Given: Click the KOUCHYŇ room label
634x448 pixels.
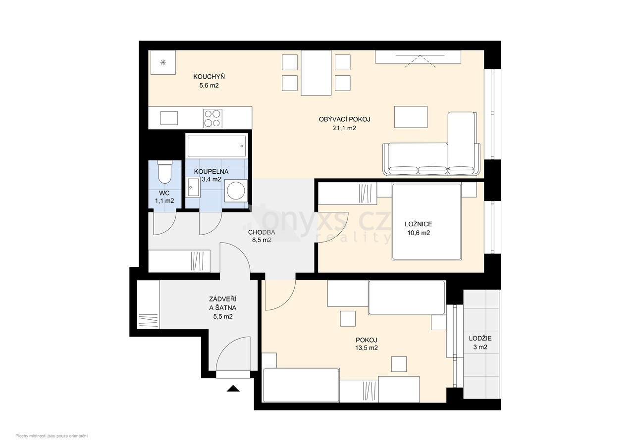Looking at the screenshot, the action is tap(209, 77).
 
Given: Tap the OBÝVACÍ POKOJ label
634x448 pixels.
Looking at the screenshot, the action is tap(344, 119).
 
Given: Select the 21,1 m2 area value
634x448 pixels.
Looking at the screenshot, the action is tap(344, 128).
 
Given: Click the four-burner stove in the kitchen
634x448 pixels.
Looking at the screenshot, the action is tap(212, 118).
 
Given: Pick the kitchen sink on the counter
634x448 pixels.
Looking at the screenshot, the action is tap(169, 118).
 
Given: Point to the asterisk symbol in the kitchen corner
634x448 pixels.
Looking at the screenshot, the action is tap(163, 62).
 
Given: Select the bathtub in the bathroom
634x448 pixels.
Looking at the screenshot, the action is tap(216, 146).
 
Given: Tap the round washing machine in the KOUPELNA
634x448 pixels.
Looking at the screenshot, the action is tap(236, 191).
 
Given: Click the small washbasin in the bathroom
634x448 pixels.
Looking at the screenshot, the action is tap(194, 188).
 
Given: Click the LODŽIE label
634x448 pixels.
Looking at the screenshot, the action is tap(480, 338).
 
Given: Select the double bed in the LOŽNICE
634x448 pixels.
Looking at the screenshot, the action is tap(426, 222).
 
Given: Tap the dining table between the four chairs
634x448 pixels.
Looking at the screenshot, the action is tap(316, 73).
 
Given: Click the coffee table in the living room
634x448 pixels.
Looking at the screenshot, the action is tap(411, 117).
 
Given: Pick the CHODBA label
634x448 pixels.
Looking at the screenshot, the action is tap(262, 232).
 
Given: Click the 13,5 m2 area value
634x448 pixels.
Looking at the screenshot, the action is tap(367, 348).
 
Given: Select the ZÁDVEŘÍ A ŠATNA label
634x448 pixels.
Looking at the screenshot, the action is tap(223, 303).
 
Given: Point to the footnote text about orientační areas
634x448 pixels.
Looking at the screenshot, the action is tap(52, 436).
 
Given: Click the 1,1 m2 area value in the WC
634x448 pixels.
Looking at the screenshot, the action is tap(164, 201).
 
